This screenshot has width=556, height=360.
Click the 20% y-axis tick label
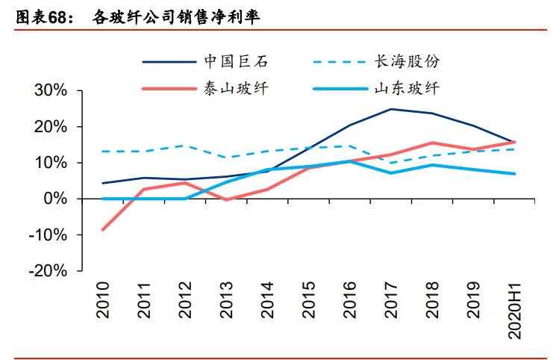pos(50,127)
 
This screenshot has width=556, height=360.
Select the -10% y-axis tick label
pos(47,235)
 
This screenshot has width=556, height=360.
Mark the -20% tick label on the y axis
pos(47,271)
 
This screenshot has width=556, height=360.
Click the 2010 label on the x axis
pos(102,300)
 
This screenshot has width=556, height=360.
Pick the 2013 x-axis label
pos(226,300)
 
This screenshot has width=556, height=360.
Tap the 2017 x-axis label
pos(391,300)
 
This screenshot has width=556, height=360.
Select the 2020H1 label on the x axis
pos(514,310)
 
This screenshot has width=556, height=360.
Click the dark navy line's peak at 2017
pos(391,109)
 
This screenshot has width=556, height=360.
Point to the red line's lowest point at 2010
pos(102,230)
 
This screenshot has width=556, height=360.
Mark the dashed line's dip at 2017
pos(391,163)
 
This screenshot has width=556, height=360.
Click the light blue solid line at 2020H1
pos(514,174)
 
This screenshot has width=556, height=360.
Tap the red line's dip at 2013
pos(226,200)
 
